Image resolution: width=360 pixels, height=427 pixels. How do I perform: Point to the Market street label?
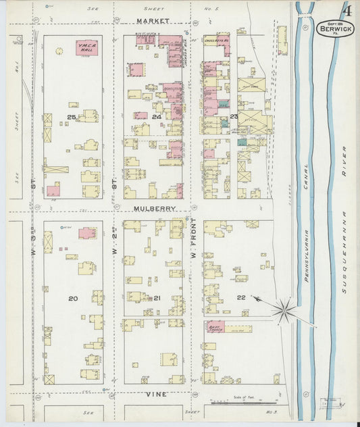pos(152,22)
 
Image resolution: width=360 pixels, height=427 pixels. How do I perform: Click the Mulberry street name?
pos(154,209)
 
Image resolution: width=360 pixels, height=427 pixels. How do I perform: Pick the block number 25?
pos(72,117)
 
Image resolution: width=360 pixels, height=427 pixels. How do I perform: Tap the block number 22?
pos(240,298)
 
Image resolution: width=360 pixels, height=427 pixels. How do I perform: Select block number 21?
pos(156,298)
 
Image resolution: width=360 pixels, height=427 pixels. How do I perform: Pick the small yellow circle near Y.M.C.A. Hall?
pos(59,50)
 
